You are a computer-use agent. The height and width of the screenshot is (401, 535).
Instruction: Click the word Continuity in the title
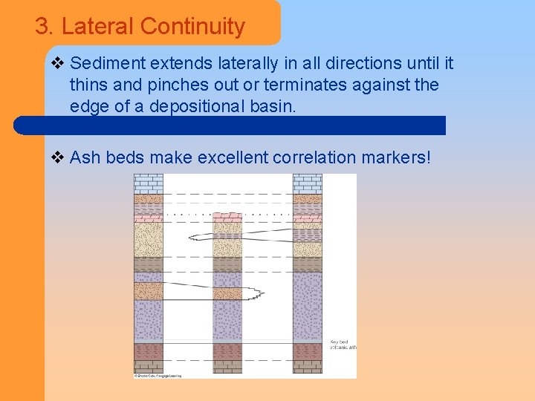pyautogui.click(x=192, y=27)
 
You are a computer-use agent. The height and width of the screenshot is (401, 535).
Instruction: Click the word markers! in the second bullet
pyautogui.click(x=397, y=157)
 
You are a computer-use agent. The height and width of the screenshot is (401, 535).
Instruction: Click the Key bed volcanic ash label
pyautogui.click(x=342, y=343)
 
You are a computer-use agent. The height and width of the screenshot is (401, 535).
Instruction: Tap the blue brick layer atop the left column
pyautogui.click(x=148, y=183)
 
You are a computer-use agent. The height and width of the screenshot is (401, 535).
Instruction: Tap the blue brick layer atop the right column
pyautogui.click(x=307, y=183)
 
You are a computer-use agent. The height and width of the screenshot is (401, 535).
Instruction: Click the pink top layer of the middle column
pyautogui.click(x=227, y=217)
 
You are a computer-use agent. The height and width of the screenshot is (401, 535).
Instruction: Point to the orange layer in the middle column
pyautogui.click(x=227, y=293)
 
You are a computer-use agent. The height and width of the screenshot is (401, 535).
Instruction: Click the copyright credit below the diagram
pyautogui.click(x=158, y=376)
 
